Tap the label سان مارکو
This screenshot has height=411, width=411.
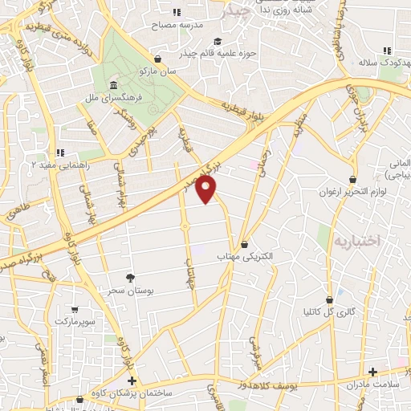157,71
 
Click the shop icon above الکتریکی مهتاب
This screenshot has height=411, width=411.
245,244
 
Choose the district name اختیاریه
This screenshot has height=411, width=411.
356,240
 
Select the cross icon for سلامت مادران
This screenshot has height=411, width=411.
372,372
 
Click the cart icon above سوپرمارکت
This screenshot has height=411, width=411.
75,309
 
